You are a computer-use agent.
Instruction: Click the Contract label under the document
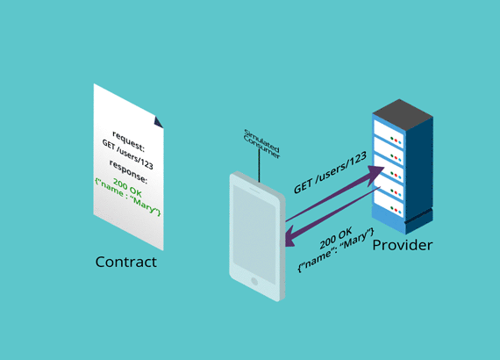[126, 262]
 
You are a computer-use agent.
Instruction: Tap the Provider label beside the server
[403, 245]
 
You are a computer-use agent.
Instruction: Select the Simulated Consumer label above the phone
[261, 144]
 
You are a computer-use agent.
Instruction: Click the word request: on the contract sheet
[128, 141]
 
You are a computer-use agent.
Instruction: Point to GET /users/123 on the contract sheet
[127, 155]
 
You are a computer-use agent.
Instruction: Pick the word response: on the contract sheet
[128, 172]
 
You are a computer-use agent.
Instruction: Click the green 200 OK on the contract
[127, 188]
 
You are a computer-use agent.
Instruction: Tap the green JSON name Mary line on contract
[127, 197]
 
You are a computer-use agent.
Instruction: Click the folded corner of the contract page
[158, 122]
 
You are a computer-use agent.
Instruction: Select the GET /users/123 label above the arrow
[330, 172]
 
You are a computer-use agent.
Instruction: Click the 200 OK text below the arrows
[336, 238]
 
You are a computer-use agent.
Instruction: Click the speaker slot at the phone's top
[254, 191]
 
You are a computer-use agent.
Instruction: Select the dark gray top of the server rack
[403, 114]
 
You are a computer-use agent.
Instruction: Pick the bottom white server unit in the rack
[389, 205]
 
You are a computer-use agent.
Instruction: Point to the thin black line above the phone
[260, 166]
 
